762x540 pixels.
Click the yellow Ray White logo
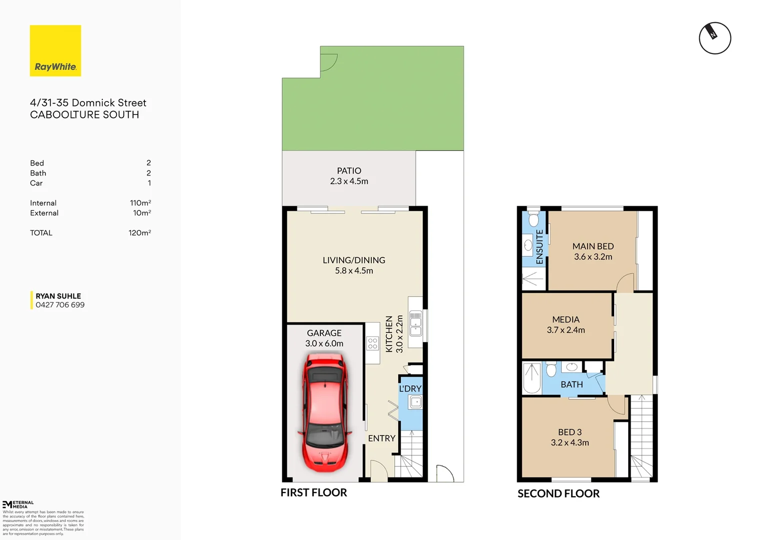55,50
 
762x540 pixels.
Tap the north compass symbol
715,38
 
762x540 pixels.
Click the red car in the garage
325,412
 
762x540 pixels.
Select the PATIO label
349,171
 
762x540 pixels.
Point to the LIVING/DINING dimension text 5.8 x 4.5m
354,270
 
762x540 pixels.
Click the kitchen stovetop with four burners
372,343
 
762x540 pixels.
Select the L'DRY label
410,388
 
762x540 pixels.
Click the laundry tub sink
415,402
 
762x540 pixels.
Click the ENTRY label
382,438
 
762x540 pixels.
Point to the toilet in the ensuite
534,219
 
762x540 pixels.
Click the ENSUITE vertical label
540,246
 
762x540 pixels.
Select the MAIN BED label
593,246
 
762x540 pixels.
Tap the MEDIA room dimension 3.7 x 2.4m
566,330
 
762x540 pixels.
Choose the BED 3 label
570,432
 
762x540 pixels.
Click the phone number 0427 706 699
60,305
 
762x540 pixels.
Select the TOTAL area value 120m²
139,233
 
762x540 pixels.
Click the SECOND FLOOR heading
558,493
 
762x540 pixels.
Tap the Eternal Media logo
18,504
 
